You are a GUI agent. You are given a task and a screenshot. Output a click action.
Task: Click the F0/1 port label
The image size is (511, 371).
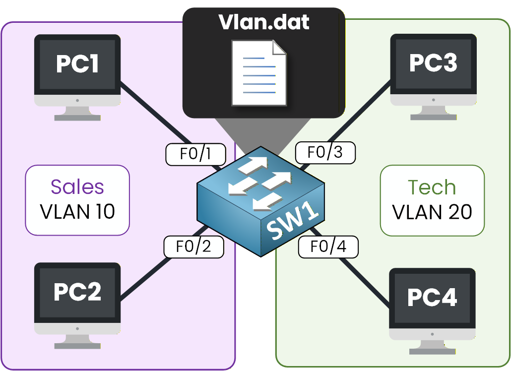pos(195,155)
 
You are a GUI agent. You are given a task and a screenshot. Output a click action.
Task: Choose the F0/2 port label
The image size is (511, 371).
pos(193,247)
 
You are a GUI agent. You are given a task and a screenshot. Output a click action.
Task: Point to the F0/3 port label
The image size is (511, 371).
pos(325,152)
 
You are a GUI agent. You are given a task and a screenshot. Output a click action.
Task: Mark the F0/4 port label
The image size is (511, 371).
pos(328,247)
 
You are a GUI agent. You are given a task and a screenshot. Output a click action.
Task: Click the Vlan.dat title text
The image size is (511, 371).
pos(264,22)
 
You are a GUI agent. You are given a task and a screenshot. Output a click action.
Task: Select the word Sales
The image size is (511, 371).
pos(77,187)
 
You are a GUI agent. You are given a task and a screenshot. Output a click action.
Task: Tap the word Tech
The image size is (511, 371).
pos(432,187)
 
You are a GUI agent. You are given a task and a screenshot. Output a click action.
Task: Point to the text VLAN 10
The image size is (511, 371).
pos(77,212)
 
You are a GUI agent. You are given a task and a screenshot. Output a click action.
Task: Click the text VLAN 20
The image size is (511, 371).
pos(432,212)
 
